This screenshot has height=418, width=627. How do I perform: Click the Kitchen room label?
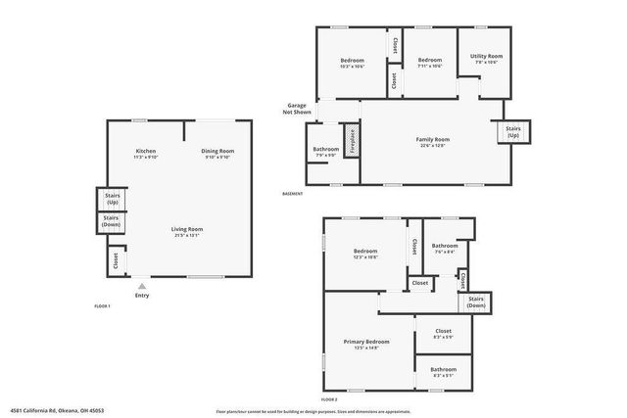[x=146, y=151]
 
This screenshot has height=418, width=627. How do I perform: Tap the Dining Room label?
[x=217, y=151]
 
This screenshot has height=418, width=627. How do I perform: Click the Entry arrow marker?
[x=142, y=285]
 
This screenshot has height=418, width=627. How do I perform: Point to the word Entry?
[x=142, y=296]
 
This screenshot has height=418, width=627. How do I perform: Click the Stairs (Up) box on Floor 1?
[x=112, y=198]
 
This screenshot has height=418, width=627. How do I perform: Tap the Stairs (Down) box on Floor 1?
[x=112, y=222]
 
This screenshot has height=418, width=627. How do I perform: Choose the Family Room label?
[x=432, y=140]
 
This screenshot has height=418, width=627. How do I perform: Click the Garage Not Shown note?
[x=297, y=108]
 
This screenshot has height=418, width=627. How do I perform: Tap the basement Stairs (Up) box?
[x=512, y=131]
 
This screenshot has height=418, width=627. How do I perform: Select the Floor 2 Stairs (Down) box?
[x=476, y=302]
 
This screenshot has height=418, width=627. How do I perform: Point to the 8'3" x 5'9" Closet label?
[x=443, y=333]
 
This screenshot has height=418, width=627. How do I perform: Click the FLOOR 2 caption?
[x=329, y=399]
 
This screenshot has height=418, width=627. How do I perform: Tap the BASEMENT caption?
[x=292, y=193]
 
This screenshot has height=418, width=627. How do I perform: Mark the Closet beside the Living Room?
[x=116, y=260]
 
